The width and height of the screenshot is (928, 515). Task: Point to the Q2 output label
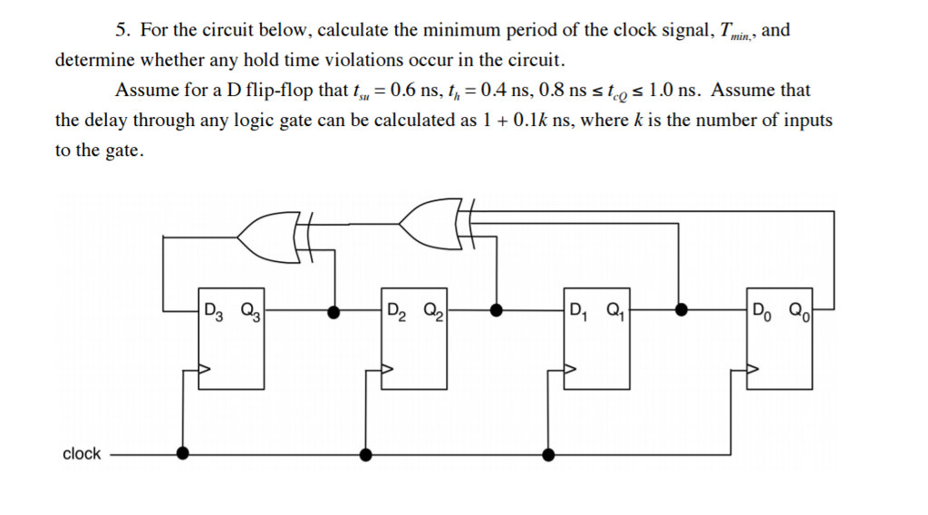click(430, 307)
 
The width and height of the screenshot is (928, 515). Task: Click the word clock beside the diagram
click(82, 453)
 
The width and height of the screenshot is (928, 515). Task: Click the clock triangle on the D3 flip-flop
click(205, 370)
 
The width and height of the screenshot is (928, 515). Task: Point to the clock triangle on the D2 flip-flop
click(387, 370)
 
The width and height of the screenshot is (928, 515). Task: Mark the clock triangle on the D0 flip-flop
click(753, 370)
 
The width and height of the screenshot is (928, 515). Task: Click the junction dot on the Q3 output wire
click(334, 311)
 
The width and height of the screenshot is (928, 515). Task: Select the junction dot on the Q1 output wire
click(680, 311)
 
